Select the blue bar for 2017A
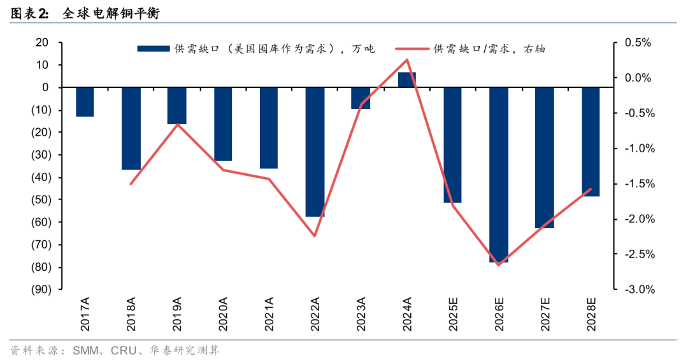pos(85,102)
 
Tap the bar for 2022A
pos(315,152)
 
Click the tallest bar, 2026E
pos(499,175)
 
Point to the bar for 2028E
pos(591,141)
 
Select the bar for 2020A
pos(223,124)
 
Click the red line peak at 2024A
pos(407,60)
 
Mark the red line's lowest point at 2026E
pos(499,264)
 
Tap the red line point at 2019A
pos(177,124)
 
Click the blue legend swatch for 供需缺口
pos(153,48)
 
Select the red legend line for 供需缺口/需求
pos(412,48)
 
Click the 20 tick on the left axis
pos(43,43)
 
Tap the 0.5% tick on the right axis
pos(637,43)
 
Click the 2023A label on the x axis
pos(361,315)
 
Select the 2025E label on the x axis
pos(453,315)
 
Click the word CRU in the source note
pos(123,350)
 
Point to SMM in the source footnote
pos(85,350)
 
